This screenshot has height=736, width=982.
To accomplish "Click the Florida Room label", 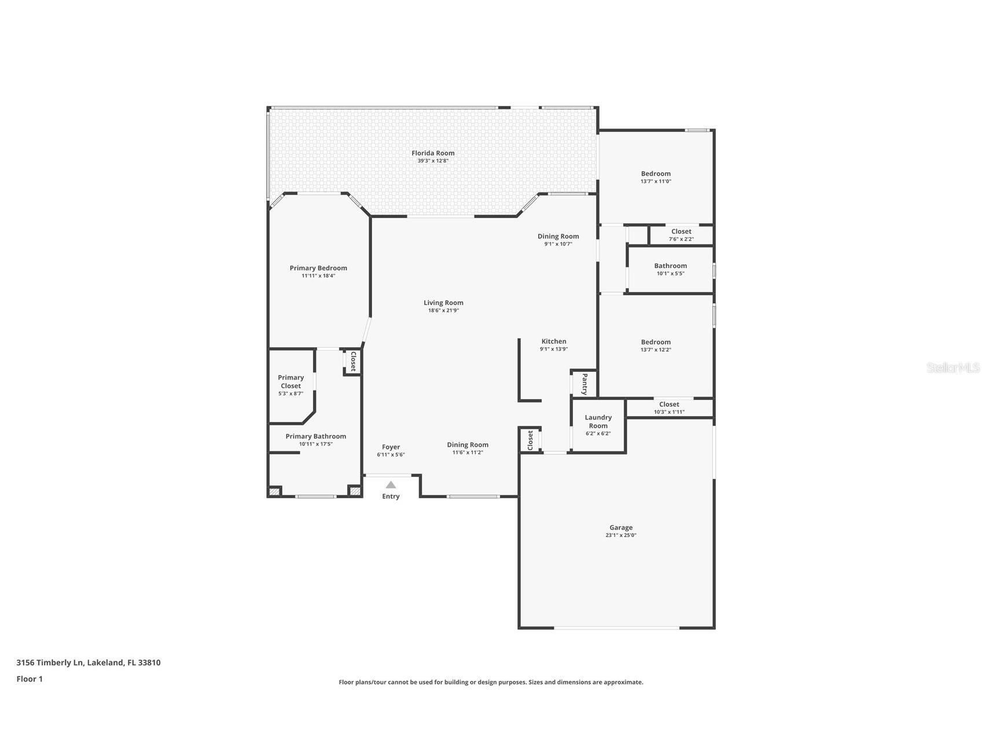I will point(433,153).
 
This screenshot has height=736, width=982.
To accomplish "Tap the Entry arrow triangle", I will point(391,485).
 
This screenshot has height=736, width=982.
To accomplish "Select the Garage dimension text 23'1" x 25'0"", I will point(620,535).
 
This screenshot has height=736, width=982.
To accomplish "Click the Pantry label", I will point(584,384).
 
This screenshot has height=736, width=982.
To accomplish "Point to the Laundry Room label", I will point(598,421).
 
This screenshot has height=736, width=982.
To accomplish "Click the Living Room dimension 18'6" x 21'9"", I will point(443,311).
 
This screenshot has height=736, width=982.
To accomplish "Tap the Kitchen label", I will point(553,341).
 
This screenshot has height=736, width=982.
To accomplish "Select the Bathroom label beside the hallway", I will point(670,266).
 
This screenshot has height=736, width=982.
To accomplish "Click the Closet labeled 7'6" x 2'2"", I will point(681,231).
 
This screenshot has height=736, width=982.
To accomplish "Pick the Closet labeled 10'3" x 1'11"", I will point(669,404).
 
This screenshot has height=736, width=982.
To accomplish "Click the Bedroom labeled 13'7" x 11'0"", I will point(656,174).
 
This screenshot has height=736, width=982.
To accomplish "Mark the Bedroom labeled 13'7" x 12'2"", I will point(656,342).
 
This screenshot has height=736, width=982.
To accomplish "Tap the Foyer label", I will point(391,447).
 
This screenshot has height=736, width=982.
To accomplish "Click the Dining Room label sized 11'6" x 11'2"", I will point(468,445).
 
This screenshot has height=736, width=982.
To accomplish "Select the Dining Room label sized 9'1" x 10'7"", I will point(558,236).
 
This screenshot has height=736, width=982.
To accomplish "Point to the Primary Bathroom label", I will point(315,436).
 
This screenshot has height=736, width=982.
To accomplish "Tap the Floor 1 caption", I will point(30,679).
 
